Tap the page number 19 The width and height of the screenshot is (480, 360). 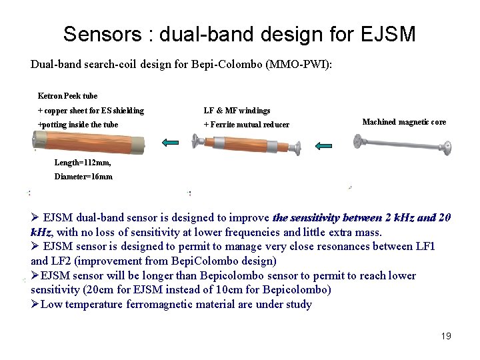click(446, 336)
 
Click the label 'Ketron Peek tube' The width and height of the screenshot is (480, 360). click(67, 96)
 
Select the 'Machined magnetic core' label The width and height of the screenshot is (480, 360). click(404, 122)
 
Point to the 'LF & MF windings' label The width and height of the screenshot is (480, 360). click(237, 110)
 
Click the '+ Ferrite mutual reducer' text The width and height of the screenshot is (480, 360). click(246, 125)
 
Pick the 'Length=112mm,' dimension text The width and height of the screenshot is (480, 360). click(83, 163)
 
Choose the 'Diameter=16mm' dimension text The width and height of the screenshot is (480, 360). click(83, 177)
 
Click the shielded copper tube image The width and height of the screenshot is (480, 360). click(89, 142)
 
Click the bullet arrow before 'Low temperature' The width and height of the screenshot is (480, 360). click(35, 305)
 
